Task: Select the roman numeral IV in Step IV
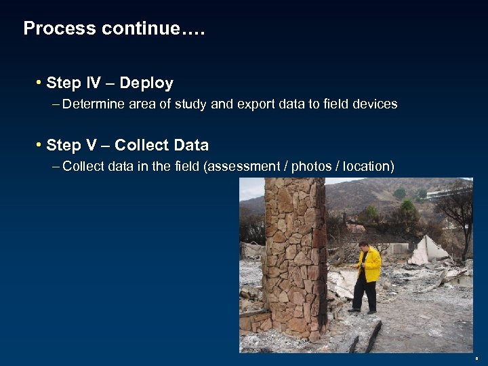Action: pyautogui.click(x=93, y=83)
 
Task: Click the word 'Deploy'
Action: pyautogui.click(x=146, y=83)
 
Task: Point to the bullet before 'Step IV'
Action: pyautogui.click(x=39, y=83)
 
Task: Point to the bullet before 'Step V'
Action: pyautogui.click(x=39, y=145)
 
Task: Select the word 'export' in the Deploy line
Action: pyautogui.click(x=256, y=104)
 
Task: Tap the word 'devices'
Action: pyautogui.click(x=373, y=104)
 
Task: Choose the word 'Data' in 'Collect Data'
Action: pyautogui.click(x=191, y=145)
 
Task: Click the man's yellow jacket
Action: pyautogui.click(x=369, y=265)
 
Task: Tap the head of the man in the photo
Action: pyautogui.click(x=363, y=246)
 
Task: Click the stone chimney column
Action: pyautogui.click(x=294, y=258)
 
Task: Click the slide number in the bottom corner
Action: pyautogui.click(x=476, y=358)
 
